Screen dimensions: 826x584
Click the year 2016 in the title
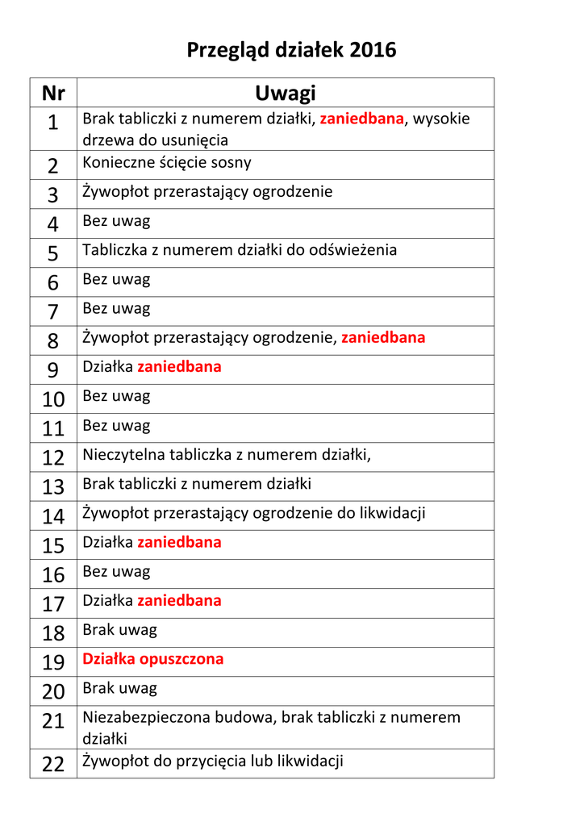pos(373,50)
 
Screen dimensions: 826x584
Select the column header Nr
pos(53,94)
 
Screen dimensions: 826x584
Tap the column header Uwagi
pos(285,94)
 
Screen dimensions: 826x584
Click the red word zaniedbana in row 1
pos(361,119)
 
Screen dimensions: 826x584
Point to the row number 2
pos(53,166)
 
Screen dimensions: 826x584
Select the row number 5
pos(53,254)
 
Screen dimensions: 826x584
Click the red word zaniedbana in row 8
pos(383,337)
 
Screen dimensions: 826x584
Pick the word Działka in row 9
pos(107,367)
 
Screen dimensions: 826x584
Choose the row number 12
pos(53,458)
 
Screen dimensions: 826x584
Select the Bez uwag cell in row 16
pos(116,572)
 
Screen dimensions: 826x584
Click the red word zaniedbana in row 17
pos(179,600)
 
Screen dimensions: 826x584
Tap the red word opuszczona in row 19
pos(181,659)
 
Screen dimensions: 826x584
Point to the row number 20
pos(53,692)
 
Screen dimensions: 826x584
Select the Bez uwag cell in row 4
pos(116,220)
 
